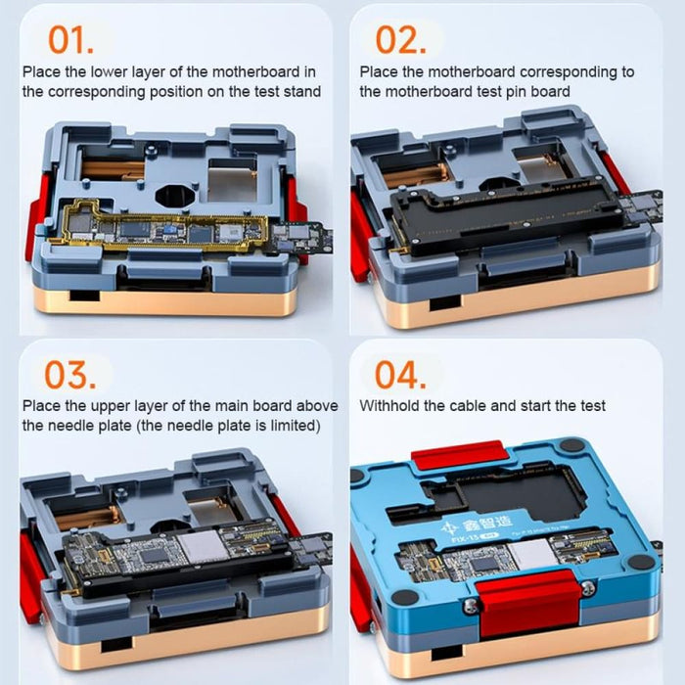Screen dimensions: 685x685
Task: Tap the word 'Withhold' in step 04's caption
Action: coord(388,405)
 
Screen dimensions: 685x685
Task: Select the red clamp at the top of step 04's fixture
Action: coord(458,455)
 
